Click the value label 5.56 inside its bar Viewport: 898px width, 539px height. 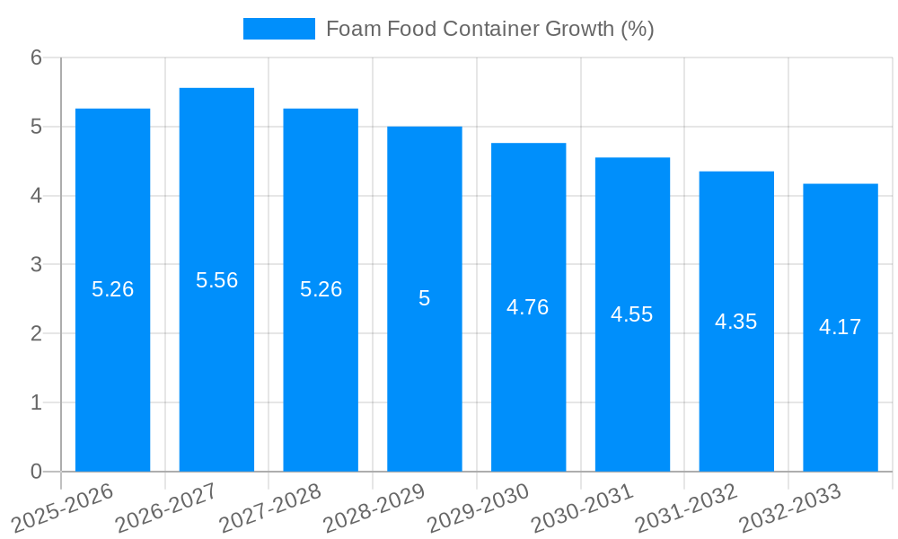(x=216, y=280)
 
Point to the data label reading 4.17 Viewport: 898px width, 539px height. (x=840, y=327)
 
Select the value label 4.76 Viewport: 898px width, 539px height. (x=528, y=307)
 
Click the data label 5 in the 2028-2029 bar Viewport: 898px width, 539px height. (x=425, y=298)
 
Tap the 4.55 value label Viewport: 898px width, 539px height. (x=632, y=314)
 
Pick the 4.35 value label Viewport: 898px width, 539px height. (x=736, y=322)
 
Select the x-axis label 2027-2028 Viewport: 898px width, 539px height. (x=271, y=507)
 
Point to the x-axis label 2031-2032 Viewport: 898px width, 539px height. (x=687, y=507)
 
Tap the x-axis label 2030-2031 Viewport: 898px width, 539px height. (x=583, y=507)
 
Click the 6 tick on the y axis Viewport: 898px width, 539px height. (x=36, y=57)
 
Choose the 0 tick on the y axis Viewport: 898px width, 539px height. (x=36, y=472)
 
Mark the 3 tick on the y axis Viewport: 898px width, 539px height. (x=36, y=265)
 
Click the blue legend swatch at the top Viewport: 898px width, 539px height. (x=279, y=29)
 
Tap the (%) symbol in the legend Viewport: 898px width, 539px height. (x=638, y=29)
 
